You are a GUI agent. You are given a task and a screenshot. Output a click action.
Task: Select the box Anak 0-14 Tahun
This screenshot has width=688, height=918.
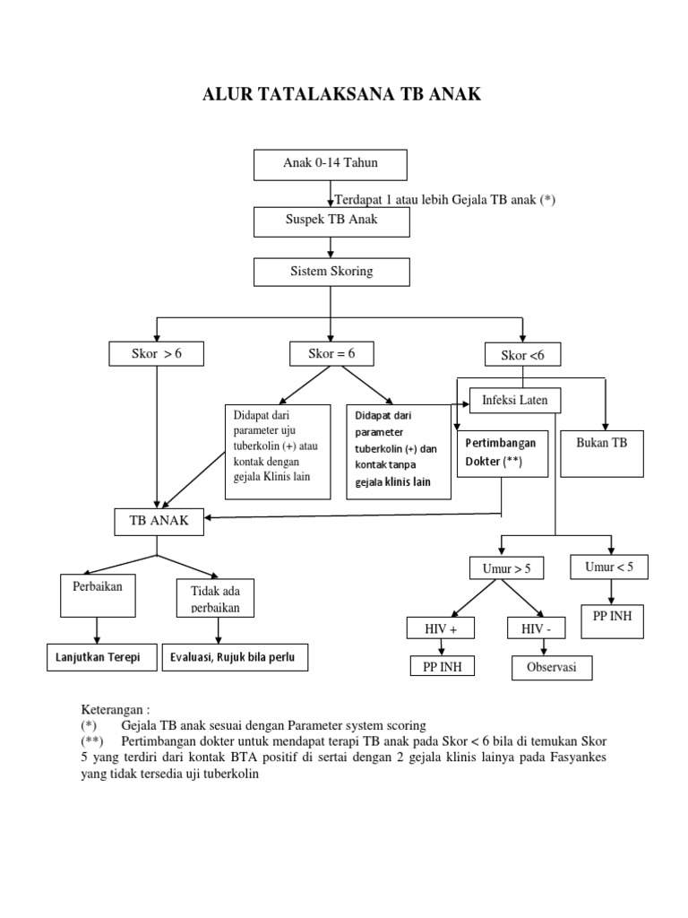coord(331,164)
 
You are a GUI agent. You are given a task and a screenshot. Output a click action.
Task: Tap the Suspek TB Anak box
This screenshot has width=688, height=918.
coord(331,221)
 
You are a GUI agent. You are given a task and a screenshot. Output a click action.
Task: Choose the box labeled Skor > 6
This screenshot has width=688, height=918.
coord(157,354)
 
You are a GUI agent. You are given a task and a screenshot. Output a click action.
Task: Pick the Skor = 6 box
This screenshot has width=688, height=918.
coord(331,354)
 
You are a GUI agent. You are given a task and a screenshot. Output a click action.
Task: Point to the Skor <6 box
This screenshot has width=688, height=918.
coord(522,356)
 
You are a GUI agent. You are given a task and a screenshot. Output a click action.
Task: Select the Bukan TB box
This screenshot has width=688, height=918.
coord(603,455)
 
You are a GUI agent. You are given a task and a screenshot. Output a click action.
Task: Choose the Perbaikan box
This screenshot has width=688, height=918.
coord(98,594)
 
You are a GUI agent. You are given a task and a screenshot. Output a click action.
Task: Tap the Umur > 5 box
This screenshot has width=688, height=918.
coord(501,568)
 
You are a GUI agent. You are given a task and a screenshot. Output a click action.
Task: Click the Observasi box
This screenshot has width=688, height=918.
coord(552,668)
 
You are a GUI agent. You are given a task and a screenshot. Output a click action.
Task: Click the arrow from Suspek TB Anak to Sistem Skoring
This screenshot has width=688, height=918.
coord(331,247)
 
